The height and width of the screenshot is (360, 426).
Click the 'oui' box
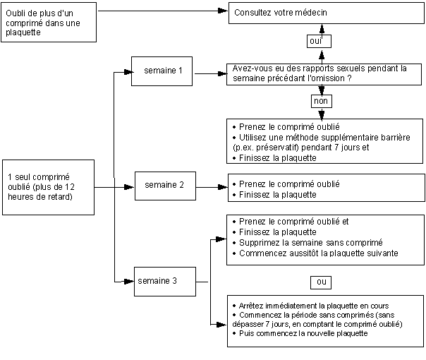[319, 42]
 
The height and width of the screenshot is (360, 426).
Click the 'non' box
[322, 101]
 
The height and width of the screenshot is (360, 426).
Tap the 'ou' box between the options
[321, 282]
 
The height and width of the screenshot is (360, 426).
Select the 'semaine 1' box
[162, 71]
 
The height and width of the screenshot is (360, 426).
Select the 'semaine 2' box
[165, 186]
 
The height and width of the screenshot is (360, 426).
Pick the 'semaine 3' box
[165, 282]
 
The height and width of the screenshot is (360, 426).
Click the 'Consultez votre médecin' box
[327, 13]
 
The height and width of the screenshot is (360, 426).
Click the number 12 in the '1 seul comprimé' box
[70, 187]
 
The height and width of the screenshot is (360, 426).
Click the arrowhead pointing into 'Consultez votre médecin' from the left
[223, 11]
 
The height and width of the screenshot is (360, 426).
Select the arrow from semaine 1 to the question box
[211, 73]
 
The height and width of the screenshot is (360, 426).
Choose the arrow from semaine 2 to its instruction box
[212, 187]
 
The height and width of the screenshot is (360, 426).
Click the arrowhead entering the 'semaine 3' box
[129, 282]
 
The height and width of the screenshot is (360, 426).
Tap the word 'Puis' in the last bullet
[246, 333]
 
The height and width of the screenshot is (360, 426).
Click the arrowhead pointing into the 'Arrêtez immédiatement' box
[221, 325]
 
